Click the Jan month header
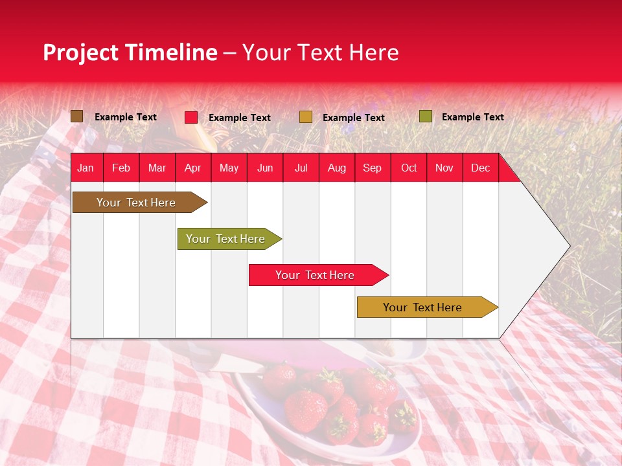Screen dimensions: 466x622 tap(86, 168)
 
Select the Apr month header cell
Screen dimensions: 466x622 tap(192, 168)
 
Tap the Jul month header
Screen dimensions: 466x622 tap(301, 168)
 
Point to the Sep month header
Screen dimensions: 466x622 tap(372, 168)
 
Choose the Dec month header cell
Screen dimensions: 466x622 tap(480, 168)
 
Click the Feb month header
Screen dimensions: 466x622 tap(121, 168)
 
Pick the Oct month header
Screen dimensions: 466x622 tap(409, 168)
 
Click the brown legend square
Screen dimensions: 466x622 tap(77, 116)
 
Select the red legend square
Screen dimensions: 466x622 tap(191, 117)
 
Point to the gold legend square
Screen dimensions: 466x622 tap(306, 117)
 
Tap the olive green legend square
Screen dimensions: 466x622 tap(425, 116)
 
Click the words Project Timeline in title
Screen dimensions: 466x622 tap(130, 52)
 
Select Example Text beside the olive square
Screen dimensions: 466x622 tap(472, 117)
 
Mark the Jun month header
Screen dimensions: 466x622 tap(265, 168)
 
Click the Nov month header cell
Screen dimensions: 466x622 tap(444, 168)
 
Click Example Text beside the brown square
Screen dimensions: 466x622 tap(125, 117)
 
